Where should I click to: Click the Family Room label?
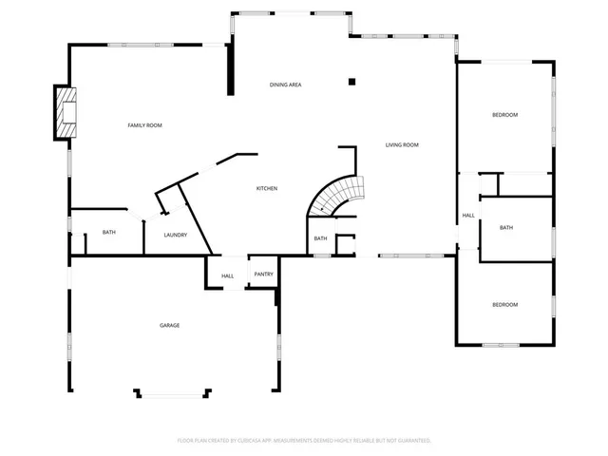(x=145, y=125)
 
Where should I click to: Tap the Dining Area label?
(x=285, y=85)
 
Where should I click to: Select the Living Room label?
(x=402, y=145)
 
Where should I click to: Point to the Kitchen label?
(x=267, y=189)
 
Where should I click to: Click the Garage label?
(x=169, y=326)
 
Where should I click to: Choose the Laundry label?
(x=175, y=236)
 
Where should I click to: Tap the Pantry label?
(x=263, y=275)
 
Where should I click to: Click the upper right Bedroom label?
(x=504, y=115)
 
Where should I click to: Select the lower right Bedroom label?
(x=504, y=305)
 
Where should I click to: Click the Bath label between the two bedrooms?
(x=506, y=228)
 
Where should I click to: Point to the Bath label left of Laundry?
(x=109, y=233)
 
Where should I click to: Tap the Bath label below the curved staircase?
(x=320, y=238)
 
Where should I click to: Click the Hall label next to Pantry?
(x=228, y=276)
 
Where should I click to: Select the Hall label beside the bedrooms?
(x=468, y=217)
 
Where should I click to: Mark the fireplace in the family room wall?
(x=66, y=112)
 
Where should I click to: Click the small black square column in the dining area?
(x=351, y=82)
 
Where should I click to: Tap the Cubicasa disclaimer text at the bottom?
(x=304, y=441)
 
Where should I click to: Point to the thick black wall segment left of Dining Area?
(x=230, y=67)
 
